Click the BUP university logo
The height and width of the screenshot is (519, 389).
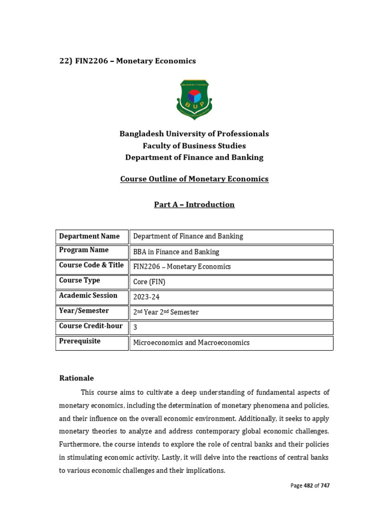194,99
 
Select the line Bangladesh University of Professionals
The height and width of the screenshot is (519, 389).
194,134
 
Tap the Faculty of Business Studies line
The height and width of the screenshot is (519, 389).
194,145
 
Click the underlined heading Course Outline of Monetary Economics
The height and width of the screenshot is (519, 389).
194,179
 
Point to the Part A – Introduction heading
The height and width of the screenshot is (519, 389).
194,205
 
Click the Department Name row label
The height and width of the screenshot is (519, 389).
90,236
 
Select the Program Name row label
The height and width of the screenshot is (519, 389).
84,250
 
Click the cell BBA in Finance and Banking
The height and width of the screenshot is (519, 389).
176,252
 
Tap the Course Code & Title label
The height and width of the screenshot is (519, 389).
91,265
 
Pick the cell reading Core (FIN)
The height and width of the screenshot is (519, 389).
149,282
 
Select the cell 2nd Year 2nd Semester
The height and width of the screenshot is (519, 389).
166,312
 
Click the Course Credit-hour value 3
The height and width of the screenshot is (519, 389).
135,328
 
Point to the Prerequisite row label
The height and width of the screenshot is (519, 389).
80,341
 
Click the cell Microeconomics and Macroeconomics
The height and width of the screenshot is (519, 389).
191,343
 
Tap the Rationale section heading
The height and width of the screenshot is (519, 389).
76,378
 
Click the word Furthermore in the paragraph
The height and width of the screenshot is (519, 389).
80,444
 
